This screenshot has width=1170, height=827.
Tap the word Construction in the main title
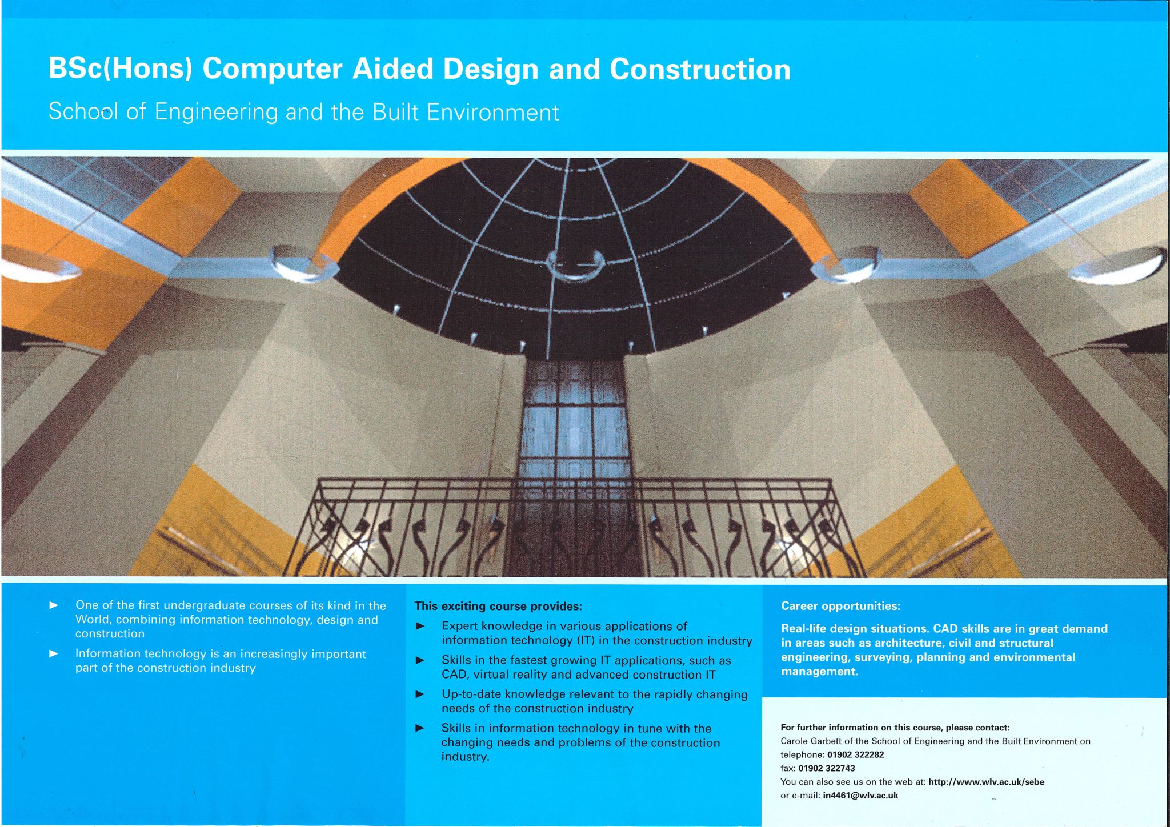(700, 69)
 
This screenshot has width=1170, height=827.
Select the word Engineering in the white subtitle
(216, 112)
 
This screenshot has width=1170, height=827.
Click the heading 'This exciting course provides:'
(498, 606)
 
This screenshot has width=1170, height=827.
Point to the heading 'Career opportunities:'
(840, 606)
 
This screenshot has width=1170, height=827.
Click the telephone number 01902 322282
(855, 754)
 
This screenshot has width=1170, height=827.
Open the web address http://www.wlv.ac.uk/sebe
(986, 782)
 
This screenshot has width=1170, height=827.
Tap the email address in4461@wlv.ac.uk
(860, 796)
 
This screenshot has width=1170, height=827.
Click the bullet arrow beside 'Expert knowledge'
(420, 627)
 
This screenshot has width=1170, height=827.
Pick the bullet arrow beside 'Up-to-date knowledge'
(420, 694)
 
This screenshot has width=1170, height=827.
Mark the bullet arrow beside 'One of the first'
(54, 605)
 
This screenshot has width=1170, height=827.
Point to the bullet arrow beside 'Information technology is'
(54, 653)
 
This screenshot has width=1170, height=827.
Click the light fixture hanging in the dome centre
(575, 266)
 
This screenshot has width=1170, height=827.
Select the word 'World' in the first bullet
(93, 620)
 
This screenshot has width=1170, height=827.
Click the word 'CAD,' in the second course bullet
(455, 675)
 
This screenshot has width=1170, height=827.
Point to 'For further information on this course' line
(895, 728)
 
